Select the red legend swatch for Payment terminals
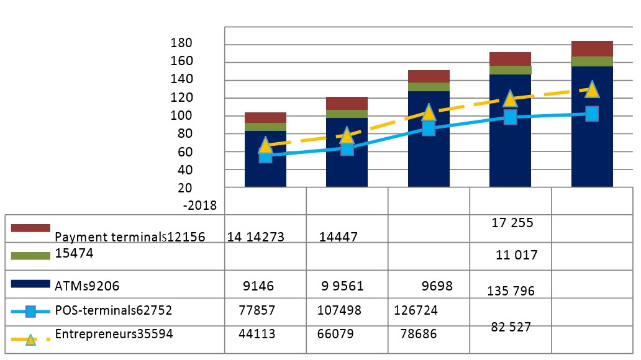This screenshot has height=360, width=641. pyautogui.click(x=30, y=228)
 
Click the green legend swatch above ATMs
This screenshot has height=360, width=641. pyautogui.click(x=30, y=256)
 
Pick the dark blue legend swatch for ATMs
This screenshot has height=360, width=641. pyautogui.click(x=30, y=284)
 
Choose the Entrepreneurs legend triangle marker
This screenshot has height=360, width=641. pyautogui.click(x=30, y=338)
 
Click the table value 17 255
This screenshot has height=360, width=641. pyautogui.click(x=511, y=223)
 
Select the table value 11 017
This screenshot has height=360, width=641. pyautogui.click(x=517, y=255)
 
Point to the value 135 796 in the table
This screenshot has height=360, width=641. pyautogui.click(x=511, y=291)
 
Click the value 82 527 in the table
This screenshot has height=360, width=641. pyautogui.click(x=511, y=326)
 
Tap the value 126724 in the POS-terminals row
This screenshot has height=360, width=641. pyautogui.click(x=420, y=310)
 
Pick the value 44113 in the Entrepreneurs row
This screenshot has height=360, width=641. pyautogui.click(x=258, y=334)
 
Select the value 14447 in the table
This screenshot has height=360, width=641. pyautogui.click(x=338, y=236)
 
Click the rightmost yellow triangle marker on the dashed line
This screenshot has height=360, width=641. pyautogui.click(x=592, y=89)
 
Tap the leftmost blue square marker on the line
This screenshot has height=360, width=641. pyautogui.click(x=265, y=156)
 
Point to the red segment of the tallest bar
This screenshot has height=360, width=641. pyautogui.click(x=592, y=48)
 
